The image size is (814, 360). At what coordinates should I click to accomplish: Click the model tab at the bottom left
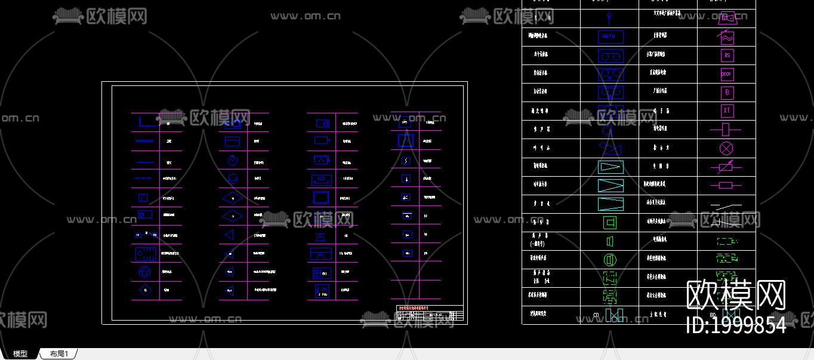[x=20, y=354]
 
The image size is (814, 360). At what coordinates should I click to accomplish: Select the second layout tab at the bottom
[x=59, y=354]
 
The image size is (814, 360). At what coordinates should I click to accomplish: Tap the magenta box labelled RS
[x=727, y=56]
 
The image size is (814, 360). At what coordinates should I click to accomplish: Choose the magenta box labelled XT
[x=727, y=111]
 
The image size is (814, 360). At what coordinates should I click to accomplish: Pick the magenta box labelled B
[x=727, y=93]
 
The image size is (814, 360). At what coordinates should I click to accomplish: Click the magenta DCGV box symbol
[x=727, y=74]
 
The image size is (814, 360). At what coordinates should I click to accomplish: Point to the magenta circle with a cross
[x=726, y=148]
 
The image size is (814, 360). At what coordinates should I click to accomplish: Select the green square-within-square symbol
[x=610, y=223]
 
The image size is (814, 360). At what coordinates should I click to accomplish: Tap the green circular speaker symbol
[x=610, y=260]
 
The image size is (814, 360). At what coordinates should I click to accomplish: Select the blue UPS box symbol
[x=405, y=122]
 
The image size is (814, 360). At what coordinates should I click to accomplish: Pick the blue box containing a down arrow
[x=406, y=179]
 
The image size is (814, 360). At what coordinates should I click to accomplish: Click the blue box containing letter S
[x=406, y=160]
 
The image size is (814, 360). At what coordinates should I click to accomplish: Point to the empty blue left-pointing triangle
[x=230, y=235]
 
